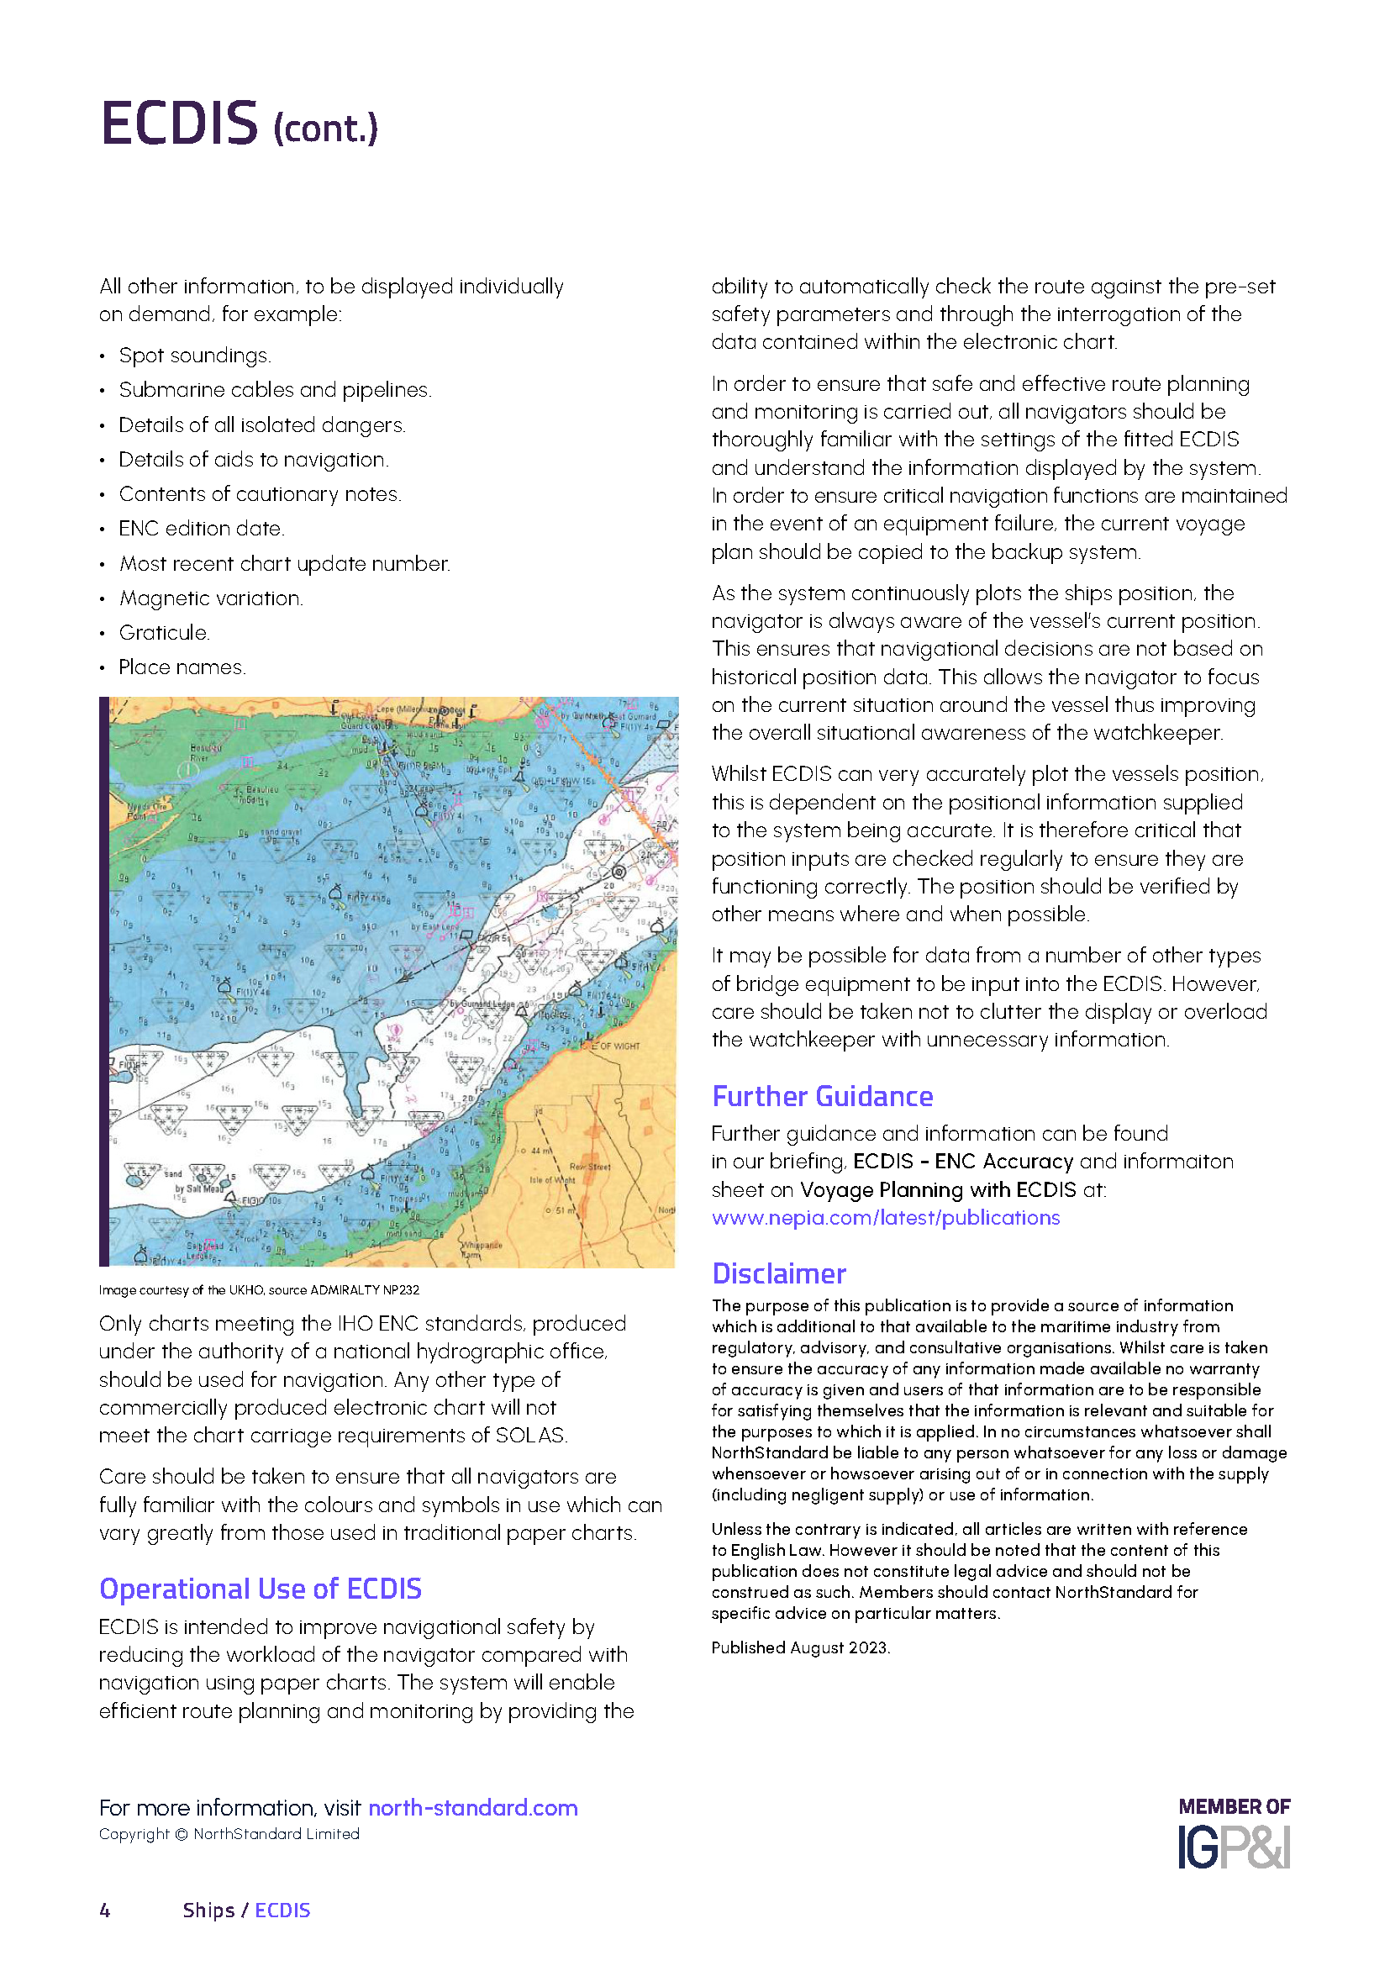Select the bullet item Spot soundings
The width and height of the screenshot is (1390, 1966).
coord(194,356)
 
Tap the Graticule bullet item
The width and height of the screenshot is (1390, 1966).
coord(164,633)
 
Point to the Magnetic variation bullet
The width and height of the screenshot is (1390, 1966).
coord(211,598)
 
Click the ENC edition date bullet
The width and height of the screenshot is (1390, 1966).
coord(201,530)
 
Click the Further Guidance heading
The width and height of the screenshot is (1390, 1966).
coord(822,1097)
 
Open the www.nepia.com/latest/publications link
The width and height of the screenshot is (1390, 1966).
coord(885,1218)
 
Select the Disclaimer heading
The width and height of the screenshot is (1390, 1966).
coord(779,1274)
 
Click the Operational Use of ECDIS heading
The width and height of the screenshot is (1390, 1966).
coord(261,1589)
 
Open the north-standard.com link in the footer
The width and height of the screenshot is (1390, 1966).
coord(472,1808)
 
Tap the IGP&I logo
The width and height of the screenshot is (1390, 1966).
coord(1234,1847)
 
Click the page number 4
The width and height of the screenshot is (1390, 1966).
coord(105,1911)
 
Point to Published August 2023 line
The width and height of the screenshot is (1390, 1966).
coord(800,1647)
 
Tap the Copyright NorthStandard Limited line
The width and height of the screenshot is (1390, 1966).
coord(229,1834)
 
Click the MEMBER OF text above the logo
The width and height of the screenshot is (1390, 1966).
coord(1234,1807)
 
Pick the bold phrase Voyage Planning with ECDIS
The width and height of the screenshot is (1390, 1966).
coord(937,1190)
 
